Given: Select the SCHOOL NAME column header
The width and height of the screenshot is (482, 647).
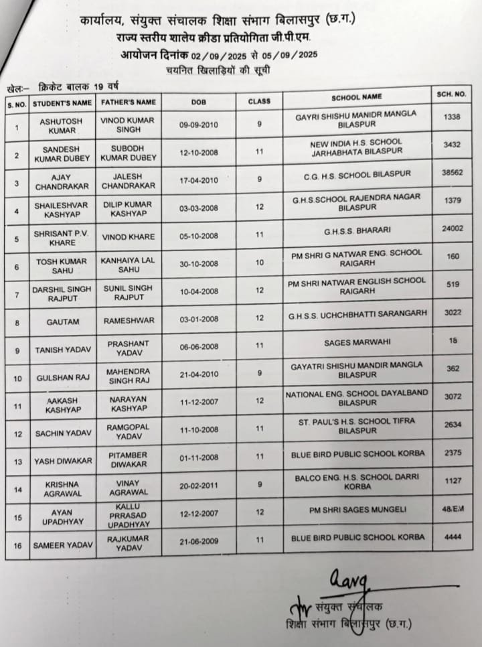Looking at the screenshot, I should (356, 98).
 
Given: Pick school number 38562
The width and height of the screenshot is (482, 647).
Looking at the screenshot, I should (453, 172).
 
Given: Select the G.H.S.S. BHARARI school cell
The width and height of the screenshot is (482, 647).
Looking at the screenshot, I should (355, 231).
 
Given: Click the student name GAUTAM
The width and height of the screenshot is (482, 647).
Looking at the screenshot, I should (63, 322).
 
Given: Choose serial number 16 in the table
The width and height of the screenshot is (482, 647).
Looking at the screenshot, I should (17, 546).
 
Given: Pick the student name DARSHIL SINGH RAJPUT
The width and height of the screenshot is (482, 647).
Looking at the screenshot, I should (63, 293).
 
